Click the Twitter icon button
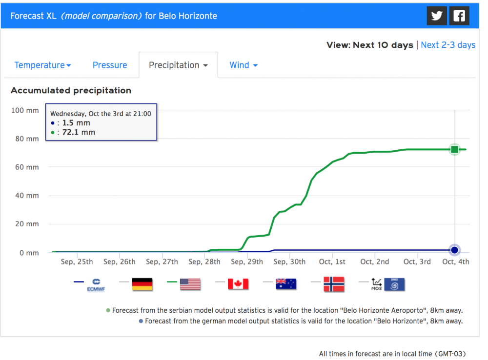[x=437, y=16]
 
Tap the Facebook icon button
[x=459, y=16]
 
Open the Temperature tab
[x=42, y=65]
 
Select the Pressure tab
[x=110, y=65]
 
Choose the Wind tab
[x=244, y=65]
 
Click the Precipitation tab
[x=178, y=65]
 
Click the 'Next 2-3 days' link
[x=448, y=45]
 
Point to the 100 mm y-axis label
[x=25, y=110]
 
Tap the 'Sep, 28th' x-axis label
[x=204, y=262]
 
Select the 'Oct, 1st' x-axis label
[x=332, y=262]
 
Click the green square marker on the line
[x=455, y=149]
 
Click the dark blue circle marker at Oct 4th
[x=455, y=250]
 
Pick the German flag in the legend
[x=142, y=284]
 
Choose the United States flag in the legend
[x=190, y=284]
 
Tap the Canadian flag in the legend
[x=238, y=284]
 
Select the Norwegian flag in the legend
[x=334, y=284]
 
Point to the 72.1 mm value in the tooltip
[x=79, y=132]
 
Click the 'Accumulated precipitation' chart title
[x=71, y=91]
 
